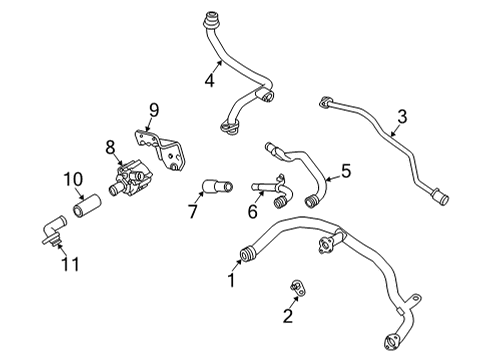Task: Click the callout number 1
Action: [x=232, y=280]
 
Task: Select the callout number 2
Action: [x=288, y=315]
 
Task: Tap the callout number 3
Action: [x=402, y=117]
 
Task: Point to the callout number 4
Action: [x=209, y=80]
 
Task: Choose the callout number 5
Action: [x=346, y=171]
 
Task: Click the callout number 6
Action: [x=253, y=211]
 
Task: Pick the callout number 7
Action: [x=193, y=211]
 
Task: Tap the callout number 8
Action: [x=110, y=147]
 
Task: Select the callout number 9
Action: [x=154, y=110]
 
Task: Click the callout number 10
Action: [x=73, y=179]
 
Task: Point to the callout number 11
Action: [x=70, y=264]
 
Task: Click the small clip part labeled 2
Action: [x=298, y=287]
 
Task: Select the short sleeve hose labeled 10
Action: [x=86, y=205]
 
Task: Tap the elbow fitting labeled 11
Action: [x=54, y=231]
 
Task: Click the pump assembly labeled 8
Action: [x=130, y=180]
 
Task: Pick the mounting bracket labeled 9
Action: [x=160, y=149]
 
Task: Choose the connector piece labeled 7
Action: [x=217, y=186]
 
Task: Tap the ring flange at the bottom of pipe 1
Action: [x=391, y=342]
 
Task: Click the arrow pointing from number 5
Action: [x=333, y=177]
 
